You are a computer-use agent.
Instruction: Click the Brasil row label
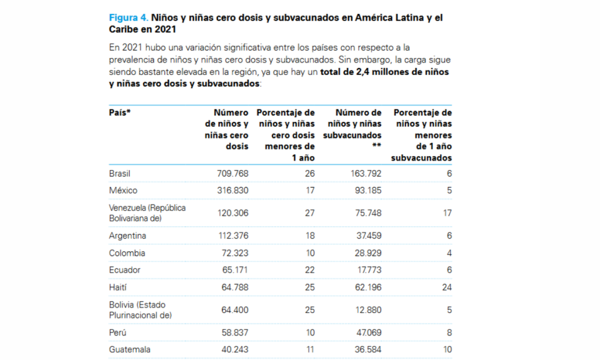[120, 174]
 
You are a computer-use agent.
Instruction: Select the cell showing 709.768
[232, 174]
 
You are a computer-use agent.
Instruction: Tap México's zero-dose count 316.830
[232, 191]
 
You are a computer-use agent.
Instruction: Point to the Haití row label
[118, 287]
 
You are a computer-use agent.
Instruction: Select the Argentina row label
[127, 236]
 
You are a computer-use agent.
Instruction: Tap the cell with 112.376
[232, 236]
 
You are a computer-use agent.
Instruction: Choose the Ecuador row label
[124, 270]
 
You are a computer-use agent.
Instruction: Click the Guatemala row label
[129, 349]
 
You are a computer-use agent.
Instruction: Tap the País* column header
[120, 113]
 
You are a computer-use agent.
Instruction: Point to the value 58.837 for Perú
[233, 332]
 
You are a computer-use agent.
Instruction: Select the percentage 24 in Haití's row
[446, 287]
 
